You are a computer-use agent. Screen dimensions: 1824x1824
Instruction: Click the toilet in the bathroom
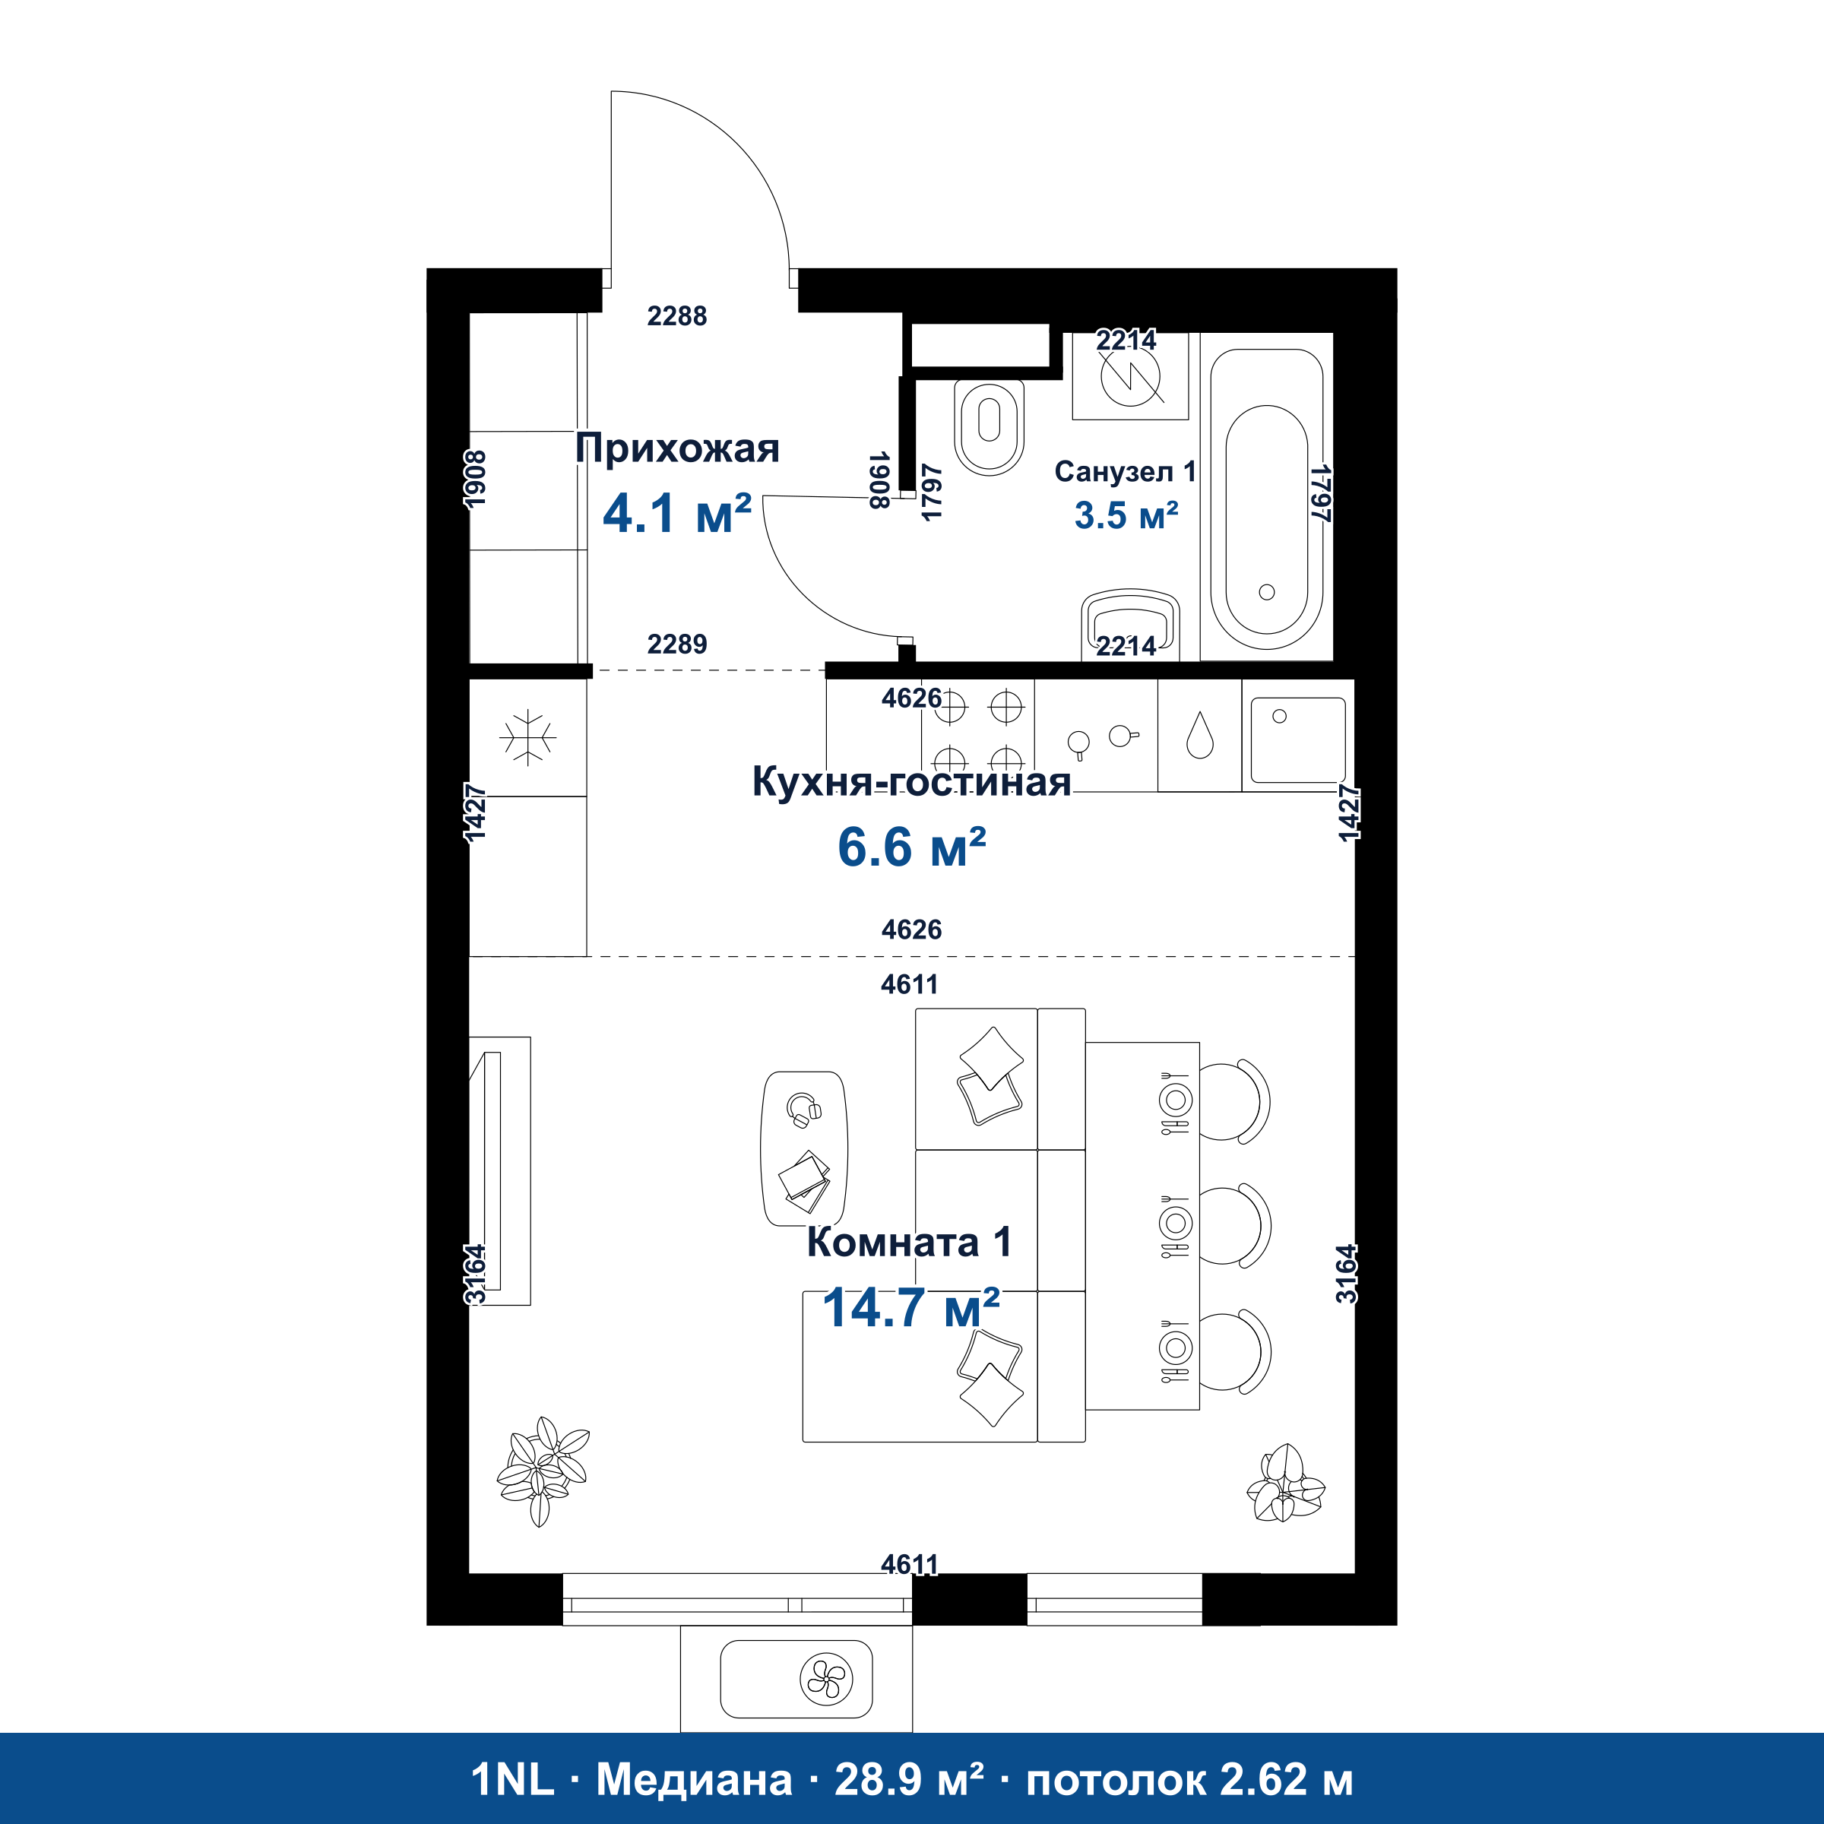[989, 426]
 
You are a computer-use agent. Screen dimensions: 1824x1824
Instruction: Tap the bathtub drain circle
[1267, 592]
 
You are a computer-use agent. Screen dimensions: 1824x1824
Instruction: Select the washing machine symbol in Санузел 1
[1130, 375]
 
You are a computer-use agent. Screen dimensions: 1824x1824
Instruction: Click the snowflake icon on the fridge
[527, 736]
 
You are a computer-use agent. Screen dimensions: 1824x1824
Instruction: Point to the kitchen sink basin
[1298, 740]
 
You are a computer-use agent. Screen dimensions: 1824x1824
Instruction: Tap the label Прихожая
[677, 448]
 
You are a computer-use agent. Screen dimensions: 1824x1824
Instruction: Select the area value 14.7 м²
[910, 1307]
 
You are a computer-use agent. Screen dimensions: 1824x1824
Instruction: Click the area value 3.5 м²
[1126, 515]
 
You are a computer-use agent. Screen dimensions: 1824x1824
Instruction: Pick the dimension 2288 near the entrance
[677, 315]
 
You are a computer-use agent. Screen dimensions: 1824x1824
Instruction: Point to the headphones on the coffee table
[803, 1110]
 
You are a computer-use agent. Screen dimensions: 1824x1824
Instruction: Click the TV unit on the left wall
[500, 1170]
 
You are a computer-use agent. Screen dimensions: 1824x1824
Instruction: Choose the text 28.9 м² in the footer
[908, 1780]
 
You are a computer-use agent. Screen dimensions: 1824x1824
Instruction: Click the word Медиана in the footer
[694, 1780]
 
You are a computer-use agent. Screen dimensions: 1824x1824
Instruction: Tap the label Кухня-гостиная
[911, 782]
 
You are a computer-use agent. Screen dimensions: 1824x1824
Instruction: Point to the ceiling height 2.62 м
[1286, 1780]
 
